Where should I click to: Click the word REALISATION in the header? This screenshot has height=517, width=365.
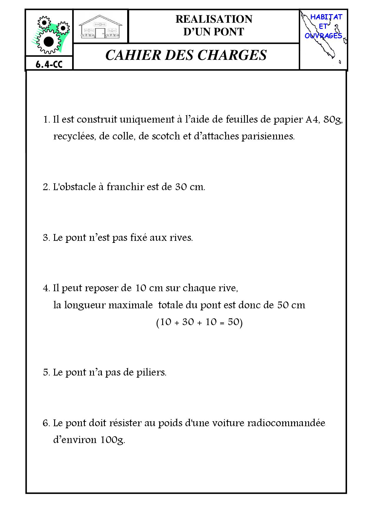214,19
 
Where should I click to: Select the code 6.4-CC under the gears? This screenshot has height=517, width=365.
49,64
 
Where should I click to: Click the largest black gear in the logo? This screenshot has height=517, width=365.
49,42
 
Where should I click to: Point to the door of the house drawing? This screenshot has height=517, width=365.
100,33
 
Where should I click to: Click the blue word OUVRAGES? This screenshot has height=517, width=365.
323,36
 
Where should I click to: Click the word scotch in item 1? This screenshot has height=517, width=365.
166,136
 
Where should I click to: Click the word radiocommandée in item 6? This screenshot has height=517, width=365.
286,423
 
